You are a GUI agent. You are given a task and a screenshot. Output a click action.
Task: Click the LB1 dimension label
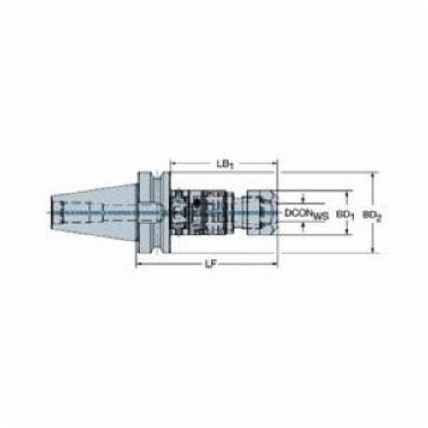225,164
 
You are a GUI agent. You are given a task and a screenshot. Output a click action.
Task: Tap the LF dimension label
211,265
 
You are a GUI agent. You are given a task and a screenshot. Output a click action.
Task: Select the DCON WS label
306,214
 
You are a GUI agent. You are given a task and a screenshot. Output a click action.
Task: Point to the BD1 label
345,215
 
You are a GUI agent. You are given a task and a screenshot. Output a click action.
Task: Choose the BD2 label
372,216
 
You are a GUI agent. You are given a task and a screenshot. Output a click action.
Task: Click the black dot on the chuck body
196,203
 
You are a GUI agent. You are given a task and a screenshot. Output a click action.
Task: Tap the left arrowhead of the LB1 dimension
174,163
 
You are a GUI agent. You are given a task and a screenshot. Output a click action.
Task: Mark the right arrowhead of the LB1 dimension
274,163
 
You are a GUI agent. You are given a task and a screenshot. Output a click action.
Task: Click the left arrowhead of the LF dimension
140,264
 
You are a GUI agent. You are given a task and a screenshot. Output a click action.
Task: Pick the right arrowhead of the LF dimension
274,264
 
